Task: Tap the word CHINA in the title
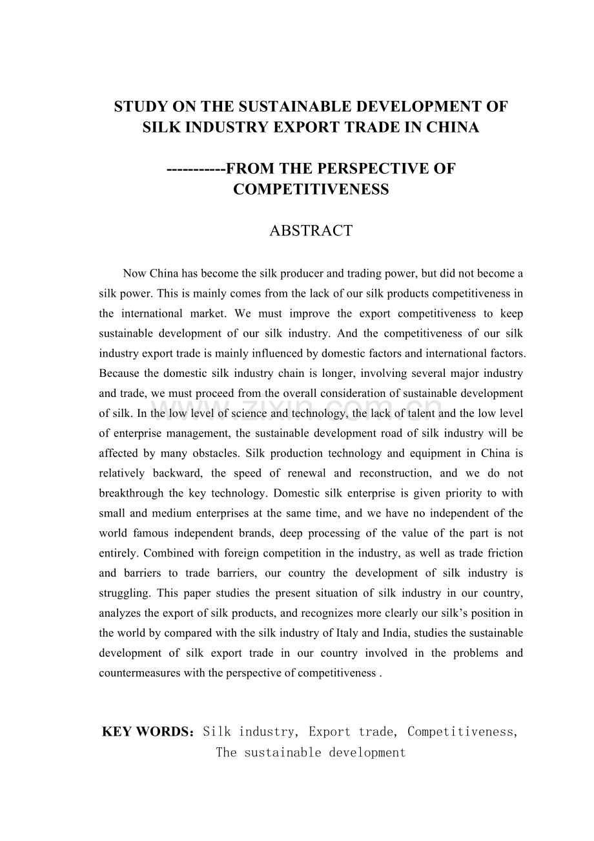point(454,128)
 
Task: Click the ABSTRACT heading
point(311,231)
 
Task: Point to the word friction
point(506,553)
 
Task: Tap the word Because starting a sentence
point(120,374)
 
